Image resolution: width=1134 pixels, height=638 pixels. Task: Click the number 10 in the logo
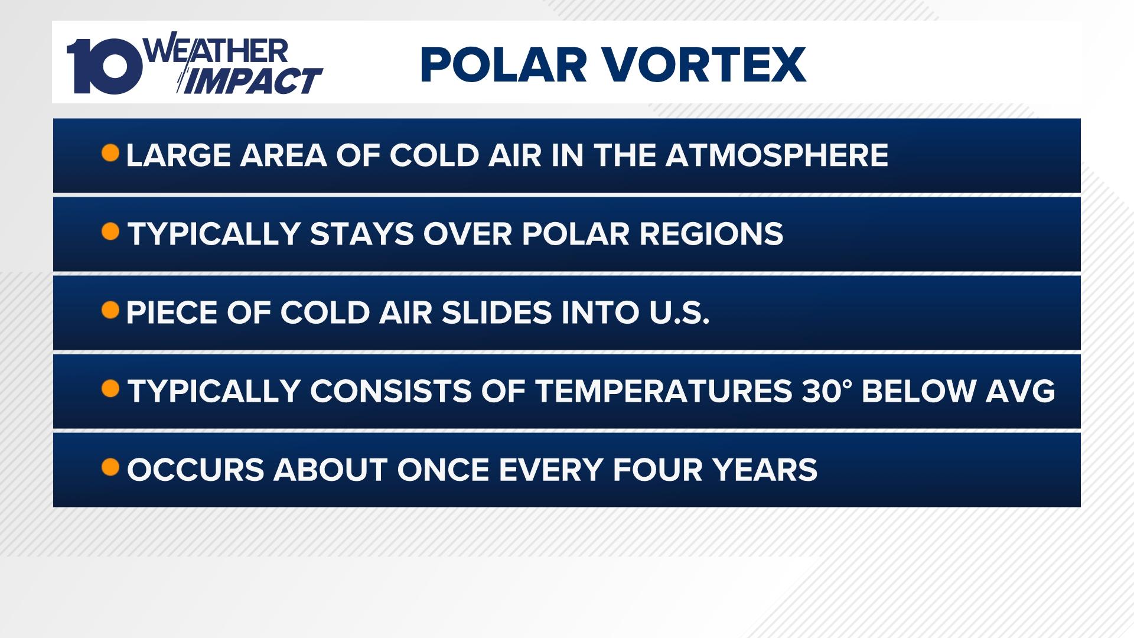(105, 66)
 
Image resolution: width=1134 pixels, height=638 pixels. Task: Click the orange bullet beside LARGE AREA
(110, 154)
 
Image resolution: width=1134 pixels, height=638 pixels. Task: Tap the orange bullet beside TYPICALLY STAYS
(110, 232)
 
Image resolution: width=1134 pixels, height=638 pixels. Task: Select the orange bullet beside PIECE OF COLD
(110, 310)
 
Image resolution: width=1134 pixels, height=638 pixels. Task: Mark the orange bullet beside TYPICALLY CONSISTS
(110, 389)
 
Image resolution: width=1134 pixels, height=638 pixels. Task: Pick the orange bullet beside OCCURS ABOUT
(110, 467)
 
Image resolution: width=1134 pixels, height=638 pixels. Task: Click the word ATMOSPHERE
(777, 155)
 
